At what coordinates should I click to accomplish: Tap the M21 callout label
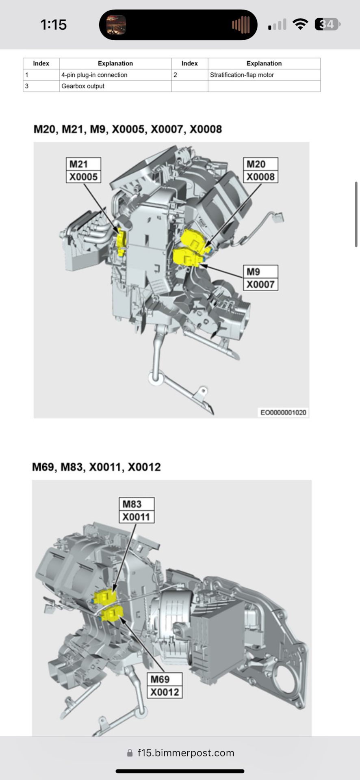(x=83, y=164)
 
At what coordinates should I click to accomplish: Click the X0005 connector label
(x=83, y=177)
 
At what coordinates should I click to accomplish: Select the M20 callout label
(x=260, y=164)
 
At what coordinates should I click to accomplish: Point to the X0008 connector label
(x=260, y=177)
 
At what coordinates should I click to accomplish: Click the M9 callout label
(x=260, y=271)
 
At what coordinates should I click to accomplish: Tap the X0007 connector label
(x=260, y=284)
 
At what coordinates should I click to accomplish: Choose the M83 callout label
(x=136, y=504)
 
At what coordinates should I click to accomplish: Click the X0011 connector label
(x=136, y=517)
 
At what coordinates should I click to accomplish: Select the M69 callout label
(x=164, y=679)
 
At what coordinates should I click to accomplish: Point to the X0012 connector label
(x=164, y=692)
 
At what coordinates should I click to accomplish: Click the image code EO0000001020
(x=283, y=412)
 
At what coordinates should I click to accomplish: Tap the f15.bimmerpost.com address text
(x=186, y=753)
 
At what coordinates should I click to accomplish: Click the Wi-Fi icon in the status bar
(x=300, y=24)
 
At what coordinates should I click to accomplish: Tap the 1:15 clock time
(x=53, y=25)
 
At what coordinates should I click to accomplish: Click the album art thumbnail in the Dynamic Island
(x=116, y=25)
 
